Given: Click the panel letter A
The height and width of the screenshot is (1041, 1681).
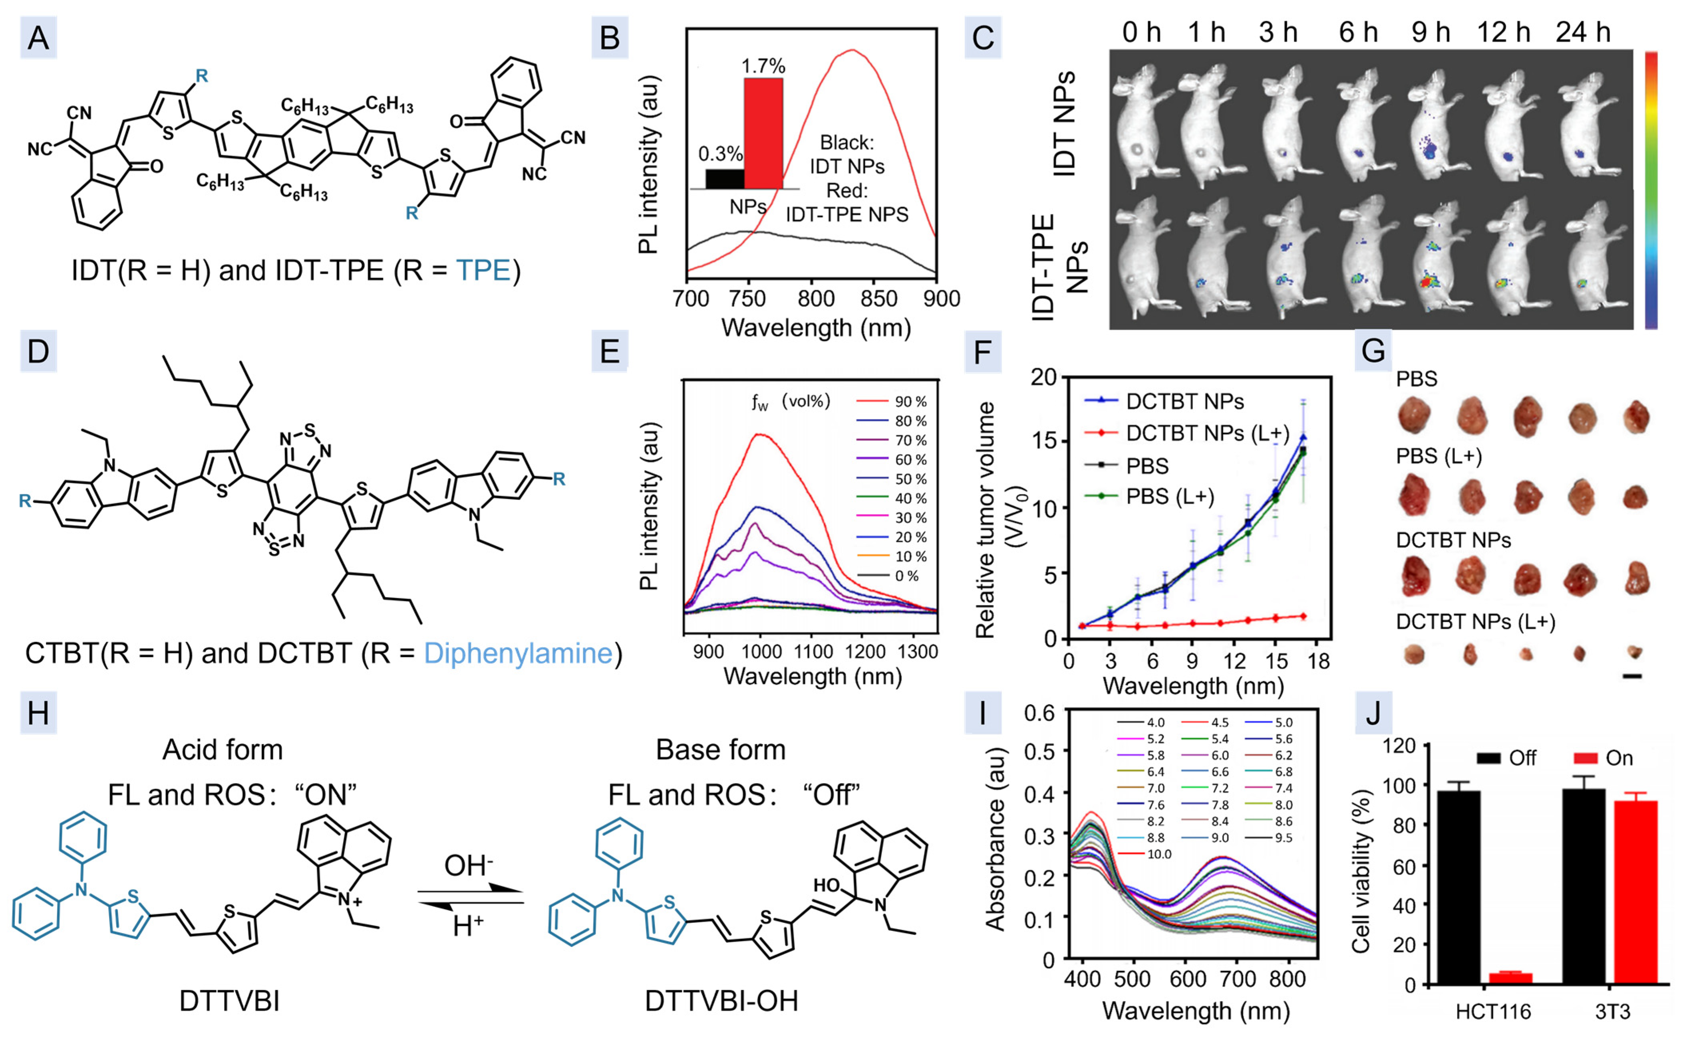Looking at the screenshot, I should (x=38, y=38).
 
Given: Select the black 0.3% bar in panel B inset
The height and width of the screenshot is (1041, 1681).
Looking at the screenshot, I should (x=724, y=178).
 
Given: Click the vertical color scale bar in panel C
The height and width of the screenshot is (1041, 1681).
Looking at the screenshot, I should (x=1651, y=189).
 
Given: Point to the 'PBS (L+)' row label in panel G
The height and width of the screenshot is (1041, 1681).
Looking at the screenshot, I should (x=1439, y=457).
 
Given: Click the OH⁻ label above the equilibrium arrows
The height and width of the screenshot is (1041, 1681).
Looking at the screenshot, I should (x=469, y=865).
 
